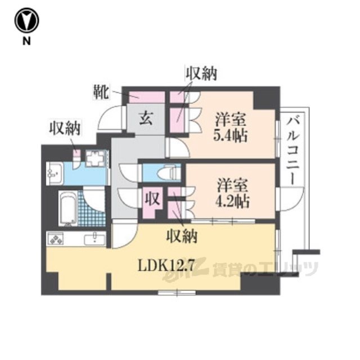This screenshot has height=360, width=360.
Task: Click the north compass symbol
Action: [x=26, y=21]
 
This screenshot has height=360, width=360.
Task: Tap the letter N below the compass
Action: [x=26, y=41]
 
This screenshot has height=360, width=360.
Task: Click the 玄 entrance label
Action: [x=146, y=119]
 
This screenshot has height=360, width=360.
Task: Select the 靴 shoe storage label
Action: [x=101, y=92]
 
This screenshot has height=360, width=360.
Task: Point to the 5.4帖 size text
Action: [x=230, y=136]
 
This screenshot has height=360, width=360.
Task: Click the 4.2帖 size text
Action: [x=232, y=201]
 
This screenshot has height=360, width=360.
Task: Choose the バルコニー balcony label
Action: [x=292, y=151]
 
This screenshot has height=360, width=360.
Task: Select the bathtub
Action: [x=69, y=208]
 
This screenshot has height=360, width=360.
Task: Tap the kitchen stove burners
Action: [x=56, y=238]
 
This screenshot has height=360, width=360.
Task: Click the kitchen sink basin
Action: [x=94, y=240]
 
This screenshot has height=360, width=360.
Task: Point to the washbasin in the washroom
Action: [x=55, y=173]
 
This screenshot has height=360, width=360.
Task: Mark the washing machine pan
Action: [x=96, y=158]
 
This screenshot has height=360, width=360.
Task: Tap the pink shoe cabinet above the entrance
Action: [x=146, y=97]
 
